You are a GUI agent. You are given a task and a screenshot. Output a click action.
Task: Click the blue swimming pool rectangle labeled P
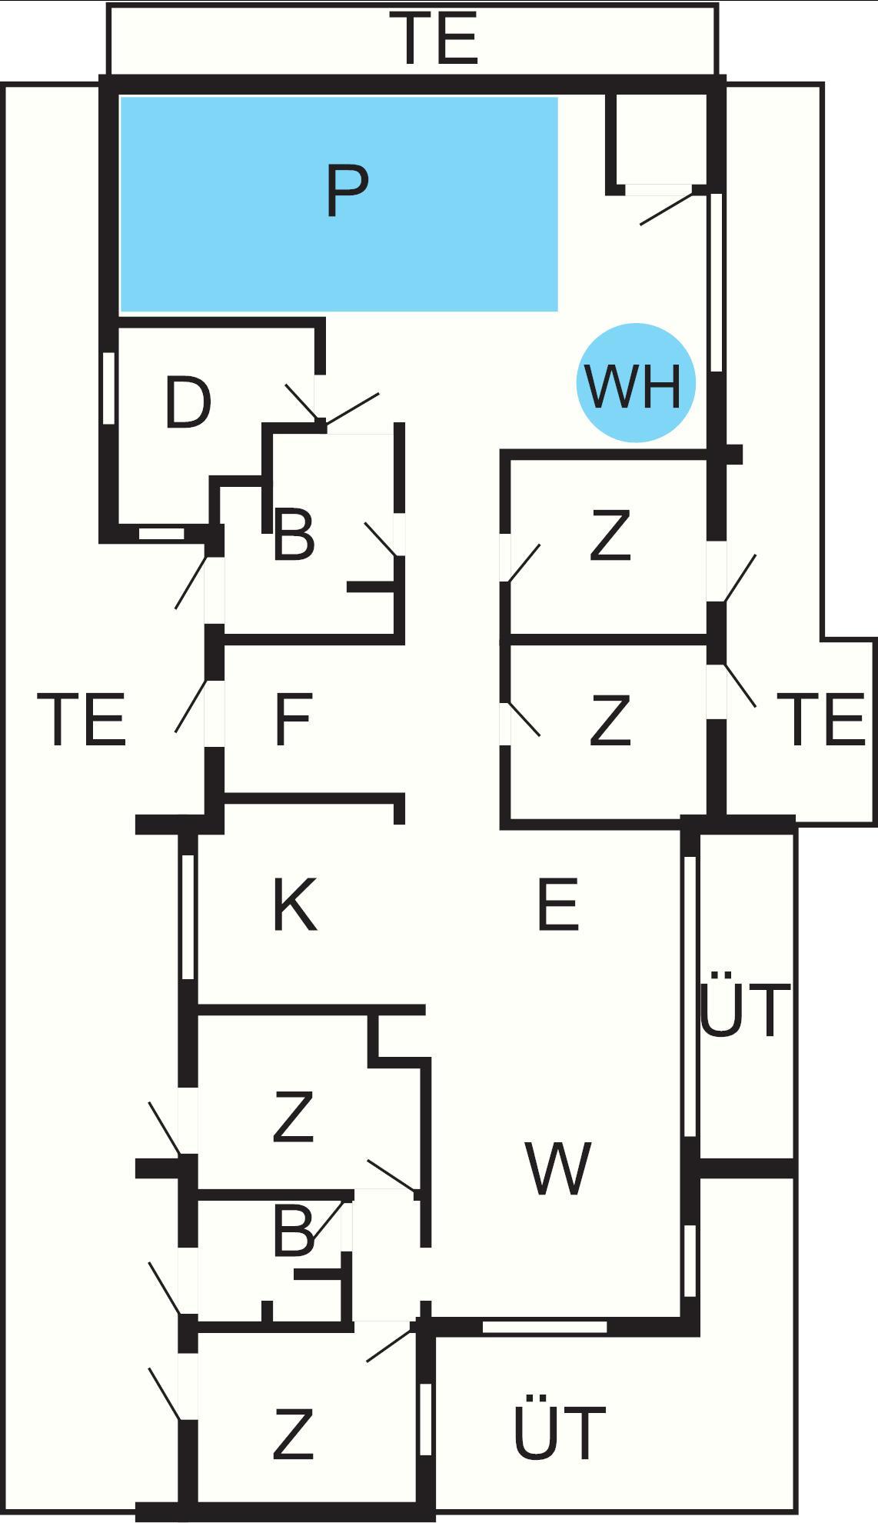click(338, 204)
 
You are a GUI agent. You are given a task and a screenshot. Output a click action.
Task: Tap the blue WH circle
click(636, 382)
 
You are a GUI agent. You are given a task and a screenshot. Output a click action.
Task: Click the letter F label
click(293, 720)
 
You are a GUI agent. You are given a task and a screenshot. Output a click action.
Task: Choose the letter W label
click(558, 1168)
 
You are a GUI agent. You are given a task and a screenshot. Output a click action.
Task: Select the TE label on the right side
click(823, 720)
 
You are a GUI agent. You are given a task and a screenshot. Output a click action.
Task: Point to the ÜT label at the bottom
click(559, 1431)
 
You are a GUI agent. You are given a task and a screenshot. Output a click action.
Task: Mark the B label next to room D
click(294, 536)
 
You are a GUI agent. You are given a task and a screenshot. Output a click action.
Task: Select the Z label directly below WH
click(610, 536)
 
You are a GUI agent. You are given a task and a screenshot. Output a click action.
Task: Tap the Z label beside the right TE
click(610, 720)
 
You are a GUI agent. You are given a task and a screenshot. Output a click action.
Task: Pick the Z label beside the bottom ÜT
click(293, 1433)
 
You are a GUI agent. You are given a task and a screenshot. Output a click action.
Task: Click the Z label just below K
click(293, 1118)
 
